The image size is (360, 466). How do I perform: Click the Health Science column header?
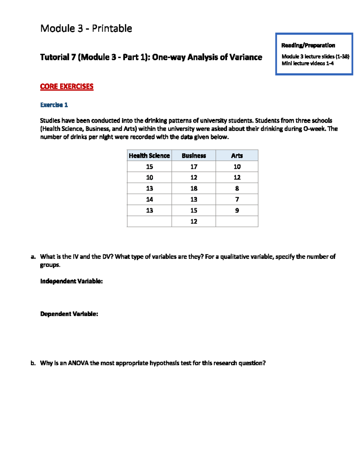coord(149,155)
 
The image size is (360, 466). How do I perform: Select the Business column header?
coord(194,155)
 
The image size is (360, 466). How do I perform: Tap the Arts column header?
coord(237,155)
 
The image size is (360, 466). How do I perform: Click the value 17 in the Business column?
coord(194,167)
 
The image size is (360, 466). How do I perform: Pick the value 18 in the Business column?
coord(194,188)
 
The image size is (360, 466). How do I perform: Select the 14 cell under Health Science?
coord(149,199)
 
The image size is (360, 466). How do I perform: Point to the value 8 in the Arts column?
coord(237,188)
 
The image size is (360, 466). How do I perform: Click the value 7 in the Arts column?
coord(237,199)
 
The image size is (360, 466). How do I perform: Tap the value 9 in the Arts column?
coord(237,210)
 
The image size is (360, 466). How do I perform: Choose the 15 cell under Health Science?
coord(149,167)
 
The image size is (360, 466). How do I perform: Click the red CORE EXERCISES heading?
coord(67,86)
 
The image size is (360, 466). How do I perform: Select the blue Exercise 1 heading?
coord(54,105)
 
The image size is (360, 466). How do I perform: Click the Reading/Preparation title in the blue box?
coord(308,45)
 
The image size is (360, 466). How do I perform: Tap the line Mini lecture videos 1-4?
coord(307,63)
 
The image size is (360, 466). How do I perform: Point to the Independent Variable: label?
coord(71,281)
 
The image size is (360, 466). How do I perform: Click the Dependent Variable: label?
coord(69,314)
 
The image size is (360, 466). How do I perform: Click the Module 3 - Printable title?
coord(86,29)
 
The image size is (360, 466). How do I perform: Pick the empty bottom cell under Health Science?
coord(149,221)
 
